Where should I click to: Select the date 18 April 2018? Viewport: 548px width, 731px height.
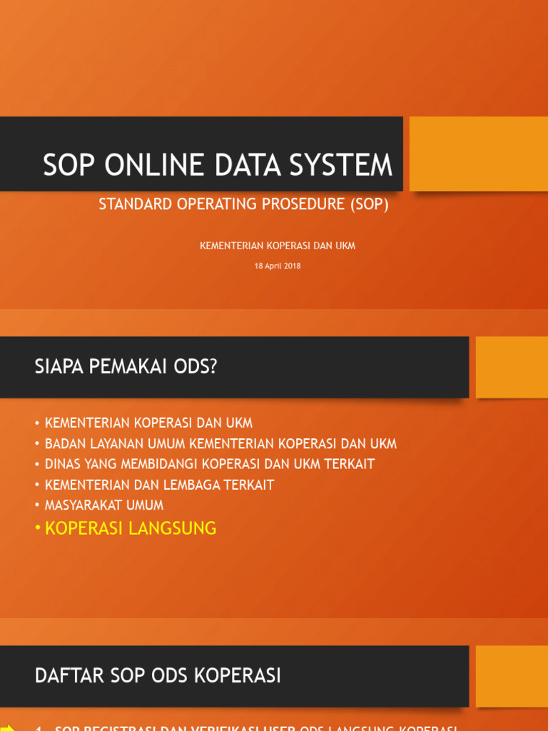278,266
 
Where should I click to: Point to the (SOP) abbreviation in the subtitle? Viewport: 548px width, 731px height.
369,204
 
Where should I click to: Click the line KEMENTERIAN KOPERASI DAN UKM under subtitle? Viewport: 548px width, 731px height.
278,246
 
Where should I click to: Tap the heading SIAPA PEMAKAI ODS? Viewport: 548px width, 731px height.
126,367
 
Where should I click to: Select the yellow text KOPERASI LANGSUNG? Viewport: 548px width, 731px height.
131,528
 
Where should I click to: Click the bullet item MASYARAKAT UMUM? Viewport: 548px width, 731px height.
104,505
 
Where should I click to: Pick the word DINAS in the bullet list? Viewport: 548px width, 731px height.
63,464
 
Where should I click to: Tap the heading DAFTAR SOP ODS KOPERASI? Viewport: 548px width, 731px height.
158,675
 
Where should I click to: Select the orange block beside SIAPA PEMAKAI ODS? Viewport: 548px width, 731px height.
512,367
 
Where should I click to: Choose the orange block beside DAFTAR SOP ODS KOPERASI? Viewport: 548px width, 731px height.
512,675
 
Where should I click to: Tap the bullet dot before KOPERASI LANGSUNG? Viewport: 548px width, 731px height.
38,529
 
